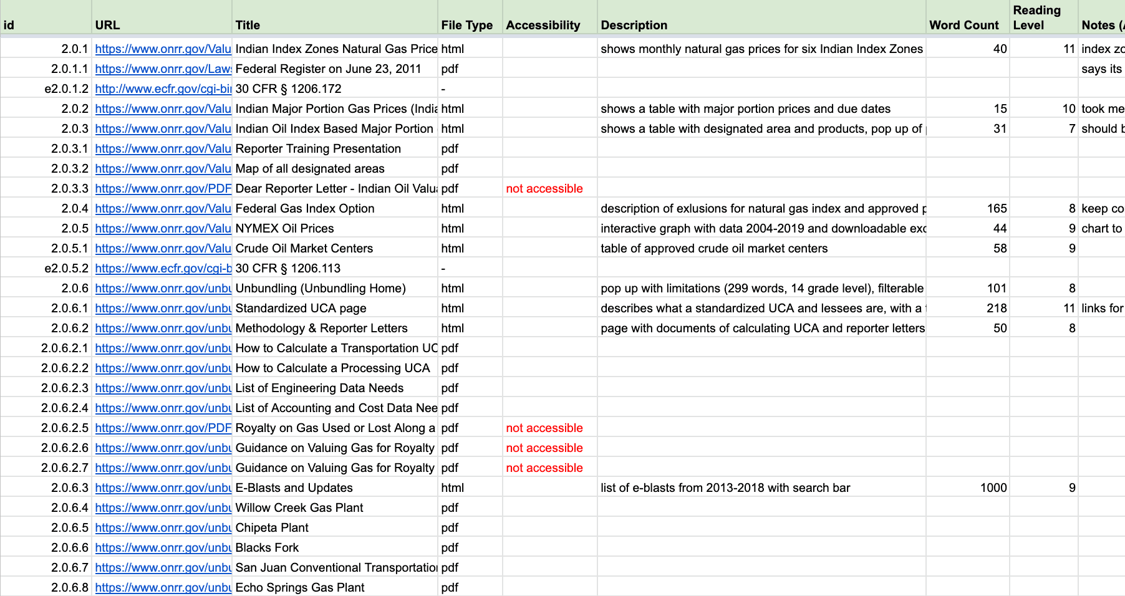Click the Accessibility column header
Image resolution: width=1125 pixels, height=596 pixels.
coord(543,25)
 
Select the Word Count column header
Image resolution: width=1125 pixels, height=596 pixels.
coord(963,25)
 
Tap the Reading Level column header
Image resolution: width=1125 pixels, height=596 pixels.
coord(1036,17)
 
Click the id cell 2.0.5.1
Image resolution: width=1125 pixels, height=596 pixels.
coord(70,248)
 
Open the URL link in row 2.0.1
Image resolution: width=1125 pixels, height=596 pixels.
coord(163,49)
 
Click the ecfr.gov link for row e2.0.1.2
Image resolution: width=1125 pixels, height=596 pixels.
coord(163,89)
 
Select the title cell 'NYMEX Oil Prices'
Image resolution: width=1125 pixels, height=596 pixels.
coord(284,228)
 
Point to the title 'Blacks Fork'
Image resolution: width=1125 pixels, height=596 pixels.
coord(267,547)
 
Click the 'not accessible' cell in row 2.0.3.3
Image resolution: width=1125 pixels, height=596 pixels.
coord(544,188)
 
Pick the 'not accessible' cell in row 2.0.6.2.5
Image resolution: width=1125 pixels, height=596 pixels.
coord(544,428)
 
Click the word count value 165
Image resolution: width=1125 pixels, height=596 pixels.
coord(997,208)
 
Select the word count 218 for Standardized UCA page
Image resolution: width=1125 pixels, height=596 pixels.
coord(997,308)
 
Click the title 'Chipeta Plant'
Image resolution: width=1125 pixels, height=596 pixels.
coord(272,527)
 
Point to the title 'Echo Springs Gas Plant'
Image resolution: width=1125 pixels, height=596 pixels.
coord(300,587)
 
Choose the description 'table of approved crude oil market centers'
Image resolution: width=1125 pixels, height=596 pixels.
coord(714,248)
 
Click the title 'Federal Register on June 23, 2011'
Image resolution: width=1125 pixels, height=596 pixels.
coord(328,69)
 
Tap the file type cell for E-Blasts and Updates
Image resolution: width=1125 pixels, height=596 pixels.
coord(452,488)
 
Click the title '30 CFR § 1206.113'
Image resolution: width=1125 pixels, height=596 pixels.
coord(288,268)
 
